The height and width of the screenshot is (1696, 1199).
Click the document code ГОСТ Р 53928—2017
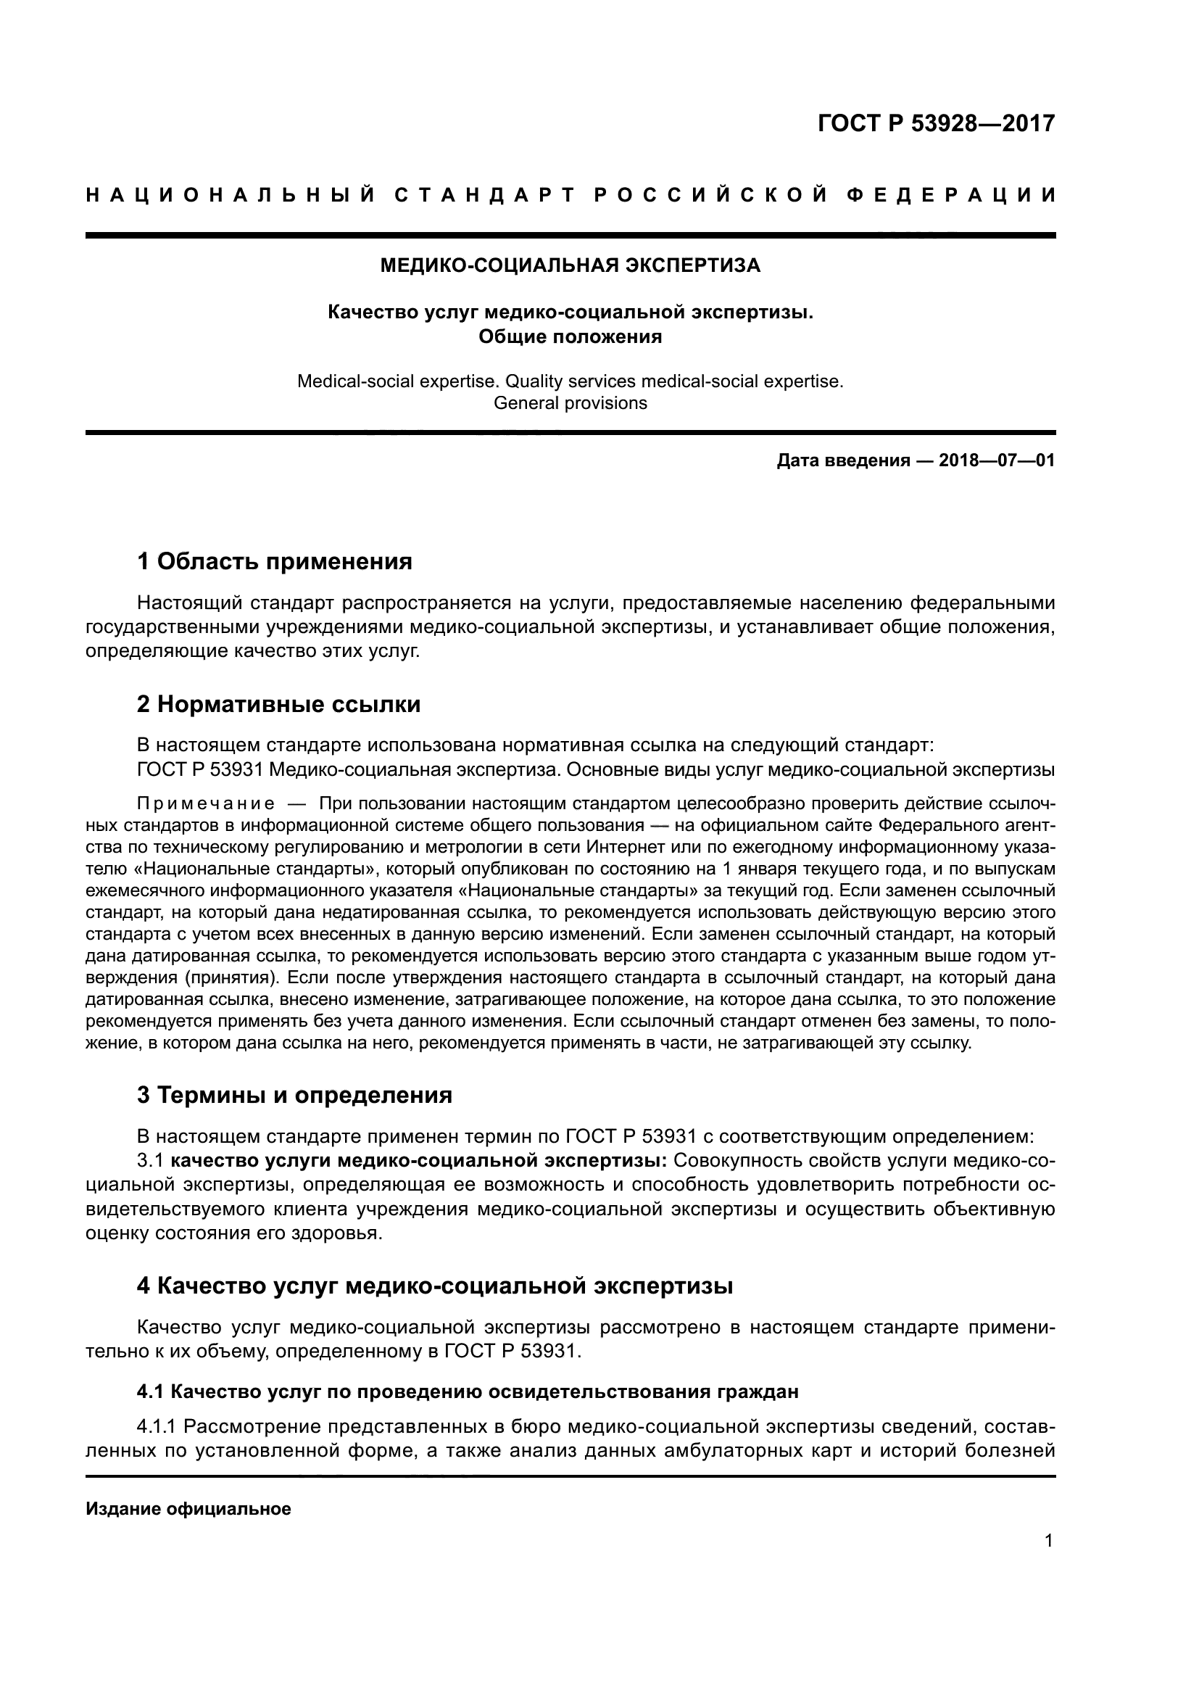coord(936,123)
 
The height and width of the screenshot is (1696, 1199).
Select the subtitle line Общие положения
coord(570,337)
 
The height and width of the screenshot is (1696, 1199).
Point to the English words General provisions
coord(570,403)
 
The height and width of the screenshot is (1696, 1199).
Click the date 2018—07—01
coord(996,461)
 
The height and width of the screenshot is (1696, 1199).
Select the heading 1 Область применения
coord(275,562)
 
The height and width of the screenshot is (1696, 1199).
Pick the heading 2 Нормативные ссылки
coord(279,705)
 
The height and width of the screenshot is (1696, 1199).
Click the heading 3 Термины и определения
coord(294,1095)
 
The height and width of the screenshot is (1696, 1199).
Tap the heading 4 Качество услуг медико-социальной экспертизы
coord(435,1286)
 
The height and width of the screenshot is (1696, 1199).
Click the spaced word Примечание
coord(206,803)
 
